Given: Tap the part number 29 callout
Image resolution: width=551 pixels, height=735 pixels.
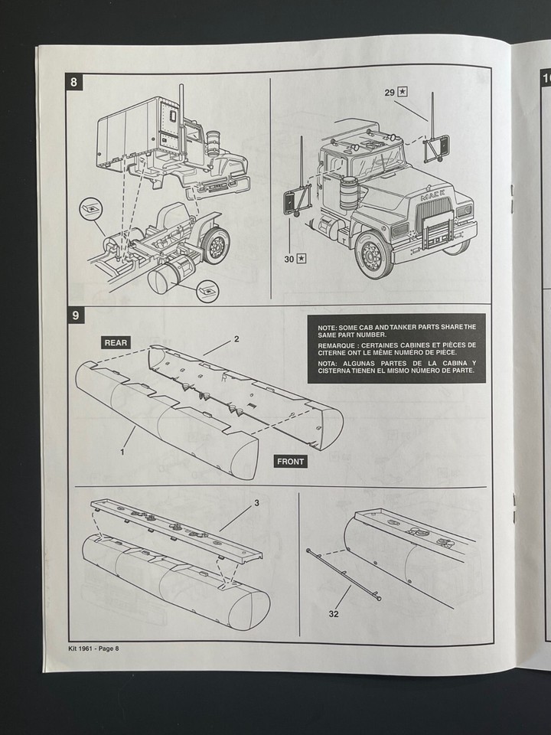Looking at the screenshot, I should (x=390, y=92).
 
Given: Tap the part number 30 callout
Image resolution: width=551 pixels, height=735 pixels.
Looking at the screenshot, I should (x=289, y=260).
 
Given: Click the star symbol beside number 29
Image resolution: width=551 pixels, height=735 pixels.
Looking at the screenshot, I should (x=403, y=92).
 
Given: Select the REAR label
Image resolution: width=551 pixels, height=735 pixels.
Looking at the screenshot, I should (x=116, y=342).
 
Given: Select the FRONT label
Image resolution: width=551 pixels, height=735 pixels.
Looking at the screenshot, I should (x=290, y=461).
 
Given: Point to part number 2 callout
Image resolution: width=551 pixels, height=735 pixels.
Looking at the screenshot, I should (x=236, y=338).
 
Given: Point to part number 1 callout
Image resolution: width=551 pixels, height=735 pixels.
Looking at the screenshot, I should (x=121, y=452).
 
